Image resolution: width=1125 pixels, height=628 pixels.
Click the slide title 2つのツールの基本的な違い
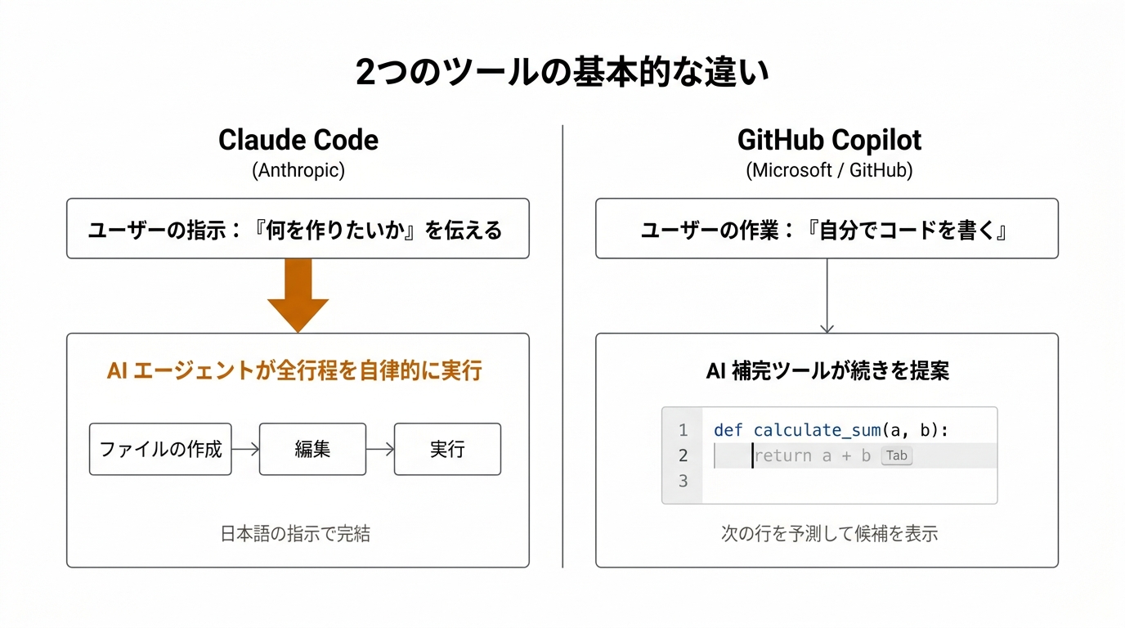tap(562, 73)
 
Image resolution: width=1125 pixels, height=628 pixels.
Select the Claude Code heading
tap(298, 140)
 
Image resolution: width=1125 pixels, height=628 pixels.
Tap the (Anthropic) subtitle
tap(298, 170)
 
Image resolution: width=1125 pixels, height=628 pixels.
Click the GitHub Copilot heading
tap(829, 140)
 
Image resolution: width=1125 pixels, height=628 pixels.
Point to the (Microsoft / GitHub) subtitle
tap(829, 170)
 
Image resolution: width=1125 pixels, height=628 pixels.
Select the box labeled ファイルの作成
tap(160, 449)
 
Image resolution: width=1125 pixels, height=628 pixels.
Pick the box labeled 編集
tap(312, 449)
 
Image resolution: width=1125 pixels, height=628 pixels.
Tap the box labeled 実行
tap(447, 449)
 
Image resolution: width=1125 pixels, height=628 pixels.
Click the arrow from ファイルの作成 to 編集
tap(245, 449)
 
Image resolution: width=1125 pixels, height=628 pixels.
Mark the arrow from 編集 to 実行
tap(380, 449)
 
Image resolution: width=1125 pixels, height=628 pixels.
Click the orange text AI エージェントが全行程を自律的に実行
tap(294, 371)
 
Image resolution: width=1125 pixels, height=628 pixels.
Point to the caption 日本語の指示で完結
tap(295, 534)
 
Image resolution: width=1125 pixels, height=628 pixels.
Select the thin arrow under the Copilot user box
tap(827, 296)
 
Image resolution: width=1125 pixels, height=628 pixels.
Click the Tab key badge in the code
tap(897, 456)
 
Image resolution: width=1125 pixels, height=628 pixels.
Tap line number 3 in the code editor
tap(684, 481)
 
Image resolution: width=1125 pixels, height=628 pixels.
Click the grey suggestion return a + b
tap(812, 456)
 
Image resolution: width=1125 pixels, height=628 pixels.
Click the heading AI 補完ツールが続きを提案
tap(827, 371)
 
